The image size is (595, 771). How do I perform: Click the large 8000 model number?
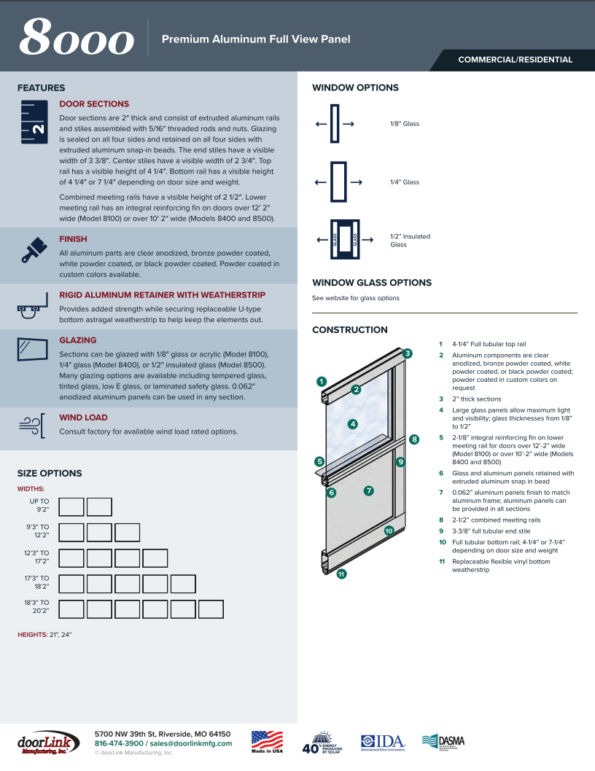click(x=77, y=39)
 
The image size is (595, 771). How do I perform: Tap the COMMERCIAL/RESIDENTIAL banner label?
click(x=515, y=60)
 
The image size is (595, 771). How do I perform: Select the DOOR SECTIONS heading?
click(x=94, y=104)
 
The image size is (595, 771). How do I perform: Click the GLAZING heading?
click(x=77, y=340)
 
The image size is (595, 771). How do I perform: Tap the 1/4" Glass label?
click(x=405, y=182)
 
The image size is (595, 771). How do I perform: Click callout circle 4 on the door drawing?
click(x=353, y=423)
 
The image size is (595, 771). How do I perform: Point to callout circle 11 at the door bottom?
click(x=341, y=574)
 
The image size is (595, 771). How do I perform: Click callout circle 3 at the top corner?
click(x=408, y=353)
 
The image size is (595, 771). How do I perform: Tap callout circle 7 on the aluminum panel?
click(x=369, y=490)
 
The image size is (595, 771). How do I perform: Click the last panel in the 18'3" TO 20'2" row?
click(x=211, y=609)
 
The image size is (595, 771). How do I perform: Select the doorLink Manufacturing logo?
click(x=47, y=743)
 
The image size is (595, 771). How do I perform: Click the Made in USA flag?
click(x=267, y=740)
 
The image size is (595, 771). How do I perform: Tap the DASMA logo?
click(x=443, y=741)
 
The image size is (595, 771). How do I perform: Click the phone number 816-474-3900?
click(x=119, y=743)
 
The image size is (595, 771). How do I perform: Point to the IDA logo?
click(x=383, y=742)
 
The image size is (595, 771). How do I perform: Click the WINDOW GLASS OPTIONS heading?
click(x=372, y=283)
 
